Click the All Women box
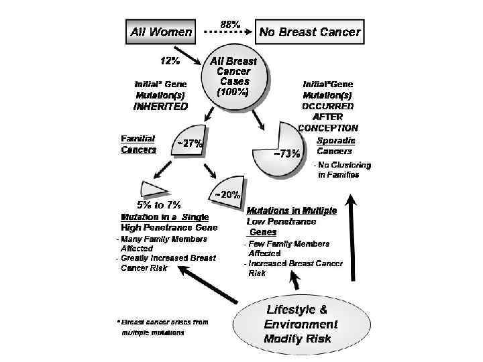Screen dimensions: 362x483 [161, 31]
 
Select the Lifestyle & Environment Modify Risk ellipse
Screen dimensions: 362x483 [297, 324]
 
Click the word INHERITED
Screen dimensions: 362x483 [161, 106]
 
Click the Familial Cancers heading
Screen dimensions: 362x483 [138, 144]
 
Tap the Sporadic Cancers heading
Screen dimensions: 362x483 [335, 146]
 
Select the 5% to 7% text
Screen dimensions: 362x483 [159, 204]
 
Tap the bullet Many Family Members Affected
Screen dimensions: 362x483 [162, 243]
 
